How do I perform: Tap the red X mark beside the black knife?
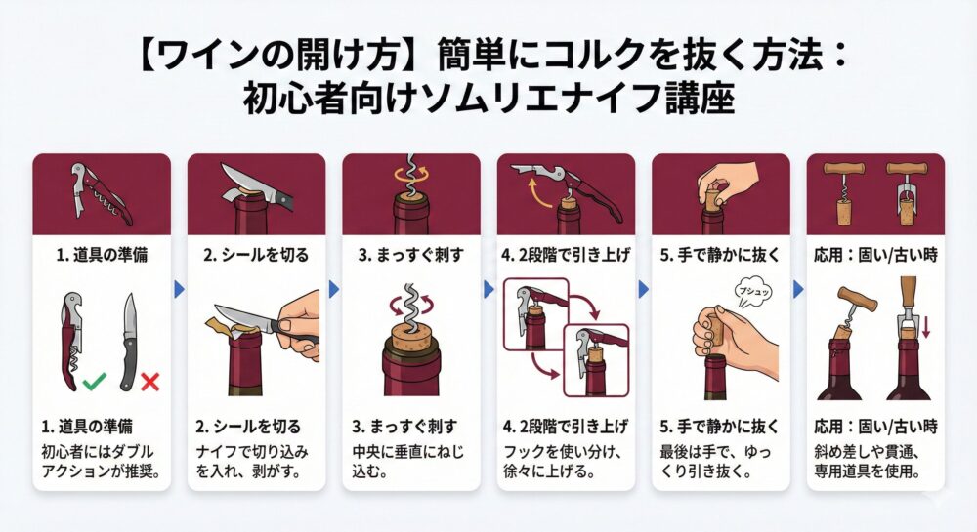tap(149, 382)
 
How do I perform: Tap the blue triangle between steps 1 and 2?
tap(179, 289)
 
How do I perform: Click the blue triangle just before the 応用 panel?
tap(797, 289)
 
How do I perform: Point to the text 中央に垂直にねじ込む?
tap(410, 461)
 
